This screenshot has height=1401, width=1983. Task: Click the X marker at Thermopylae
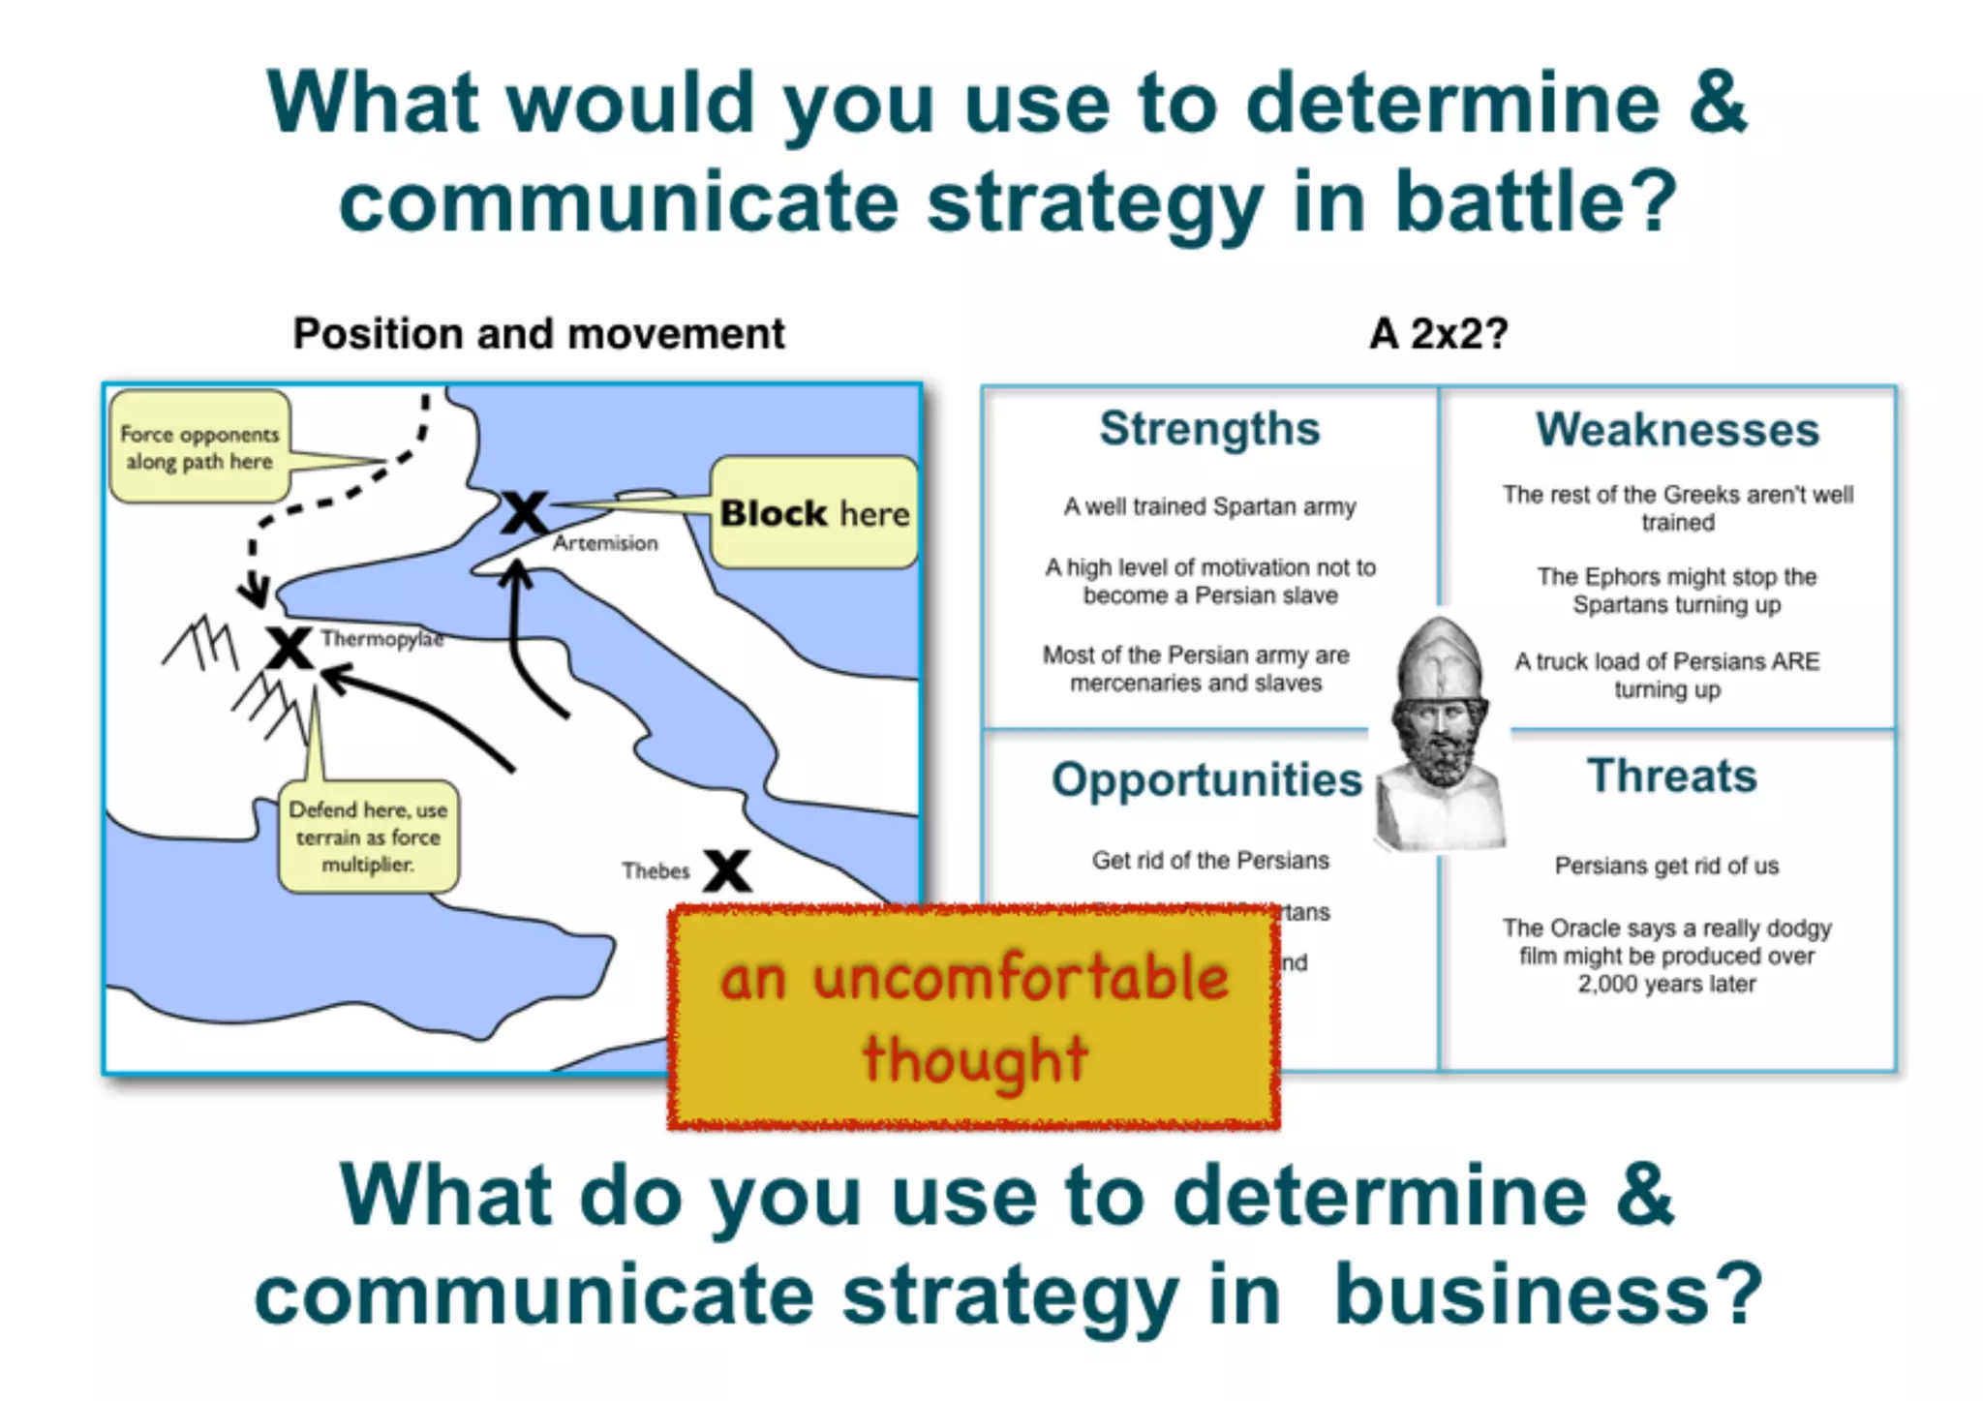click(289, 648)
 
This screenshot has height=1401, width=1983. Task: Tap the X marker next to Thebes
click(727, 869)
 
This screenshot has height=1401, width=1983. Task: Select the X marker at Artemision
click(524, 513)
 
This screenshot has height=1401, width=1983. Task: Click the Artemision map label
click(605, 543)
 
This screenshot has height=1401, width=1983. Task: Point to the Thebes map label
click(656, 870)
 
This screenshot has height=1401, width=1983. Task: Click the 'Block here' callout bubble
click(814, 512)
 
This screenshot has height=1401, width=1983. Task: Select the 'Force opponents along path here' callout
click(199, 447)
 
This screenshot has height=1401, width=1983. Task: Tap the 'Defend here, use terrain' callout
click(368, 837)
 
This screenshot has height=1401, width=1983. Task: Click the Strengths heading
click(1209, 428)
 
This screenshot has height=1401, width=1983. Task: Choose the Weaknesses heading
click(1677, 429)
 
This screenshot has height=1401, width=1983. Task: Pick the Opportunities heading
click(1206, 779)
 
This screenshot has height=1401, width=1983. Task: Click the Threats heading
click(1671, 776)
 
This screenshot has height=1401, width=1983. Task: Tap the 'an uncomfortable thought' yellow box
click(973, 1017)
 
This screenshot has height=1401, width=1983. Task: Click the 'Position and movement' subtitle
click(538, 334)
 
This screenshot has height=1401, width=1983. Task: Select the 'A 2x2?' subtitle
click(1438, 334)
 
